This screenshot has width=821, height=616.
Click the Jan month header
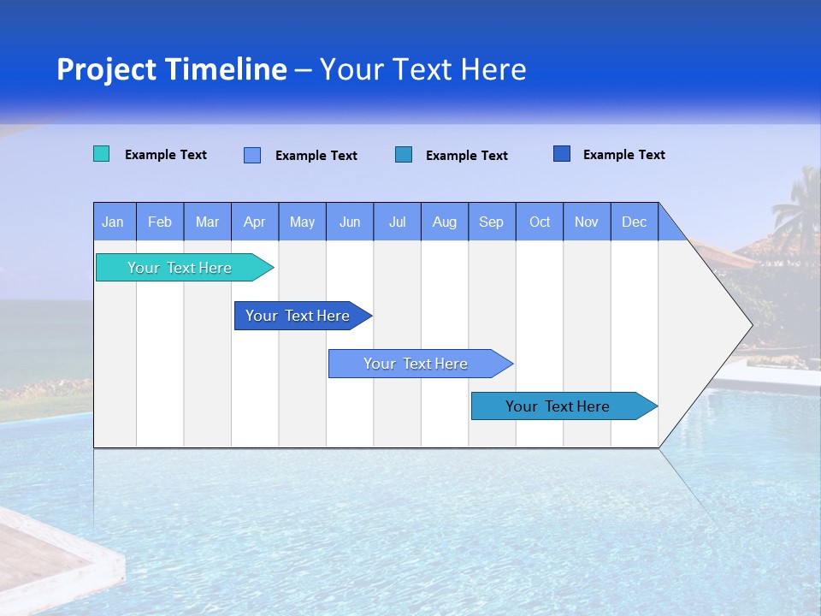pyautogui.click(x=114, y=222)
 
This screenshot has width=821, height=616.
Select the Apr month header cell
pyautogui.click(x=255, y=222)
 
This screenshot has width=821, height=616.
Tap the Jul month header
pyautogui.click(x=398, y=222)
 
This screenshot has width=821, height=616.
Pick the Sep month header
pyautogui.click(x=492, y=222)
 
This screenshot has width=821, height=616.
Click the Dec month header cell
pyautogui.click(x=634, y=222)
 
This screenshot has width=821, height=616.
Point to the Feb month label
pyautogui.click(x=160, y=222)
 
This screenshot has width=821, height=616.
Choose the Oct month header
pyautogui.click(x=540, y=222)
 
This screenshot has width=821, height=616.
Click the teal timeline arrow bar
pyautogui.click(x=180, y=268)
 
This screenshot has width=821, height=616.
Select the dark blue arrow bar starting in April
pyautogui.click(x=298, y=316)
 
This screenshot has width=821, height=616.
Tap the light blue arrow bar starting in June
pyautogui.click(x=416, y=364)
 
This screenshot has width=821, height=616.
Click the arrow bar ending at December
pyautogui.click(x=558, y=406)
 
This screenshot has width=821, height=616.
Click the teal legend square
pyautogui.click(x=101, y=154)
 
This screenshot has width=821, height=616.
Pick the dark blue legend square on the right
pyautogui.click(x=562, y=154)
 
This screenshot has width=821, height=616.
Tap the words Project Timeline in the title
pyautogui.click(x=171, y=69)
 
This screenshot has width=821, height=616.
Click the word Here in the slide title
pyautogui.click(x=493, y=69)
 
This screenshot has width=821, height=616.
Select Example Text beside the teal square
pyautogui.click(x=166, y=155)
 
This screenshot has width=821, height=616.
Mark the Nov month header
pyautogui.click(x=587, y=222)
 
